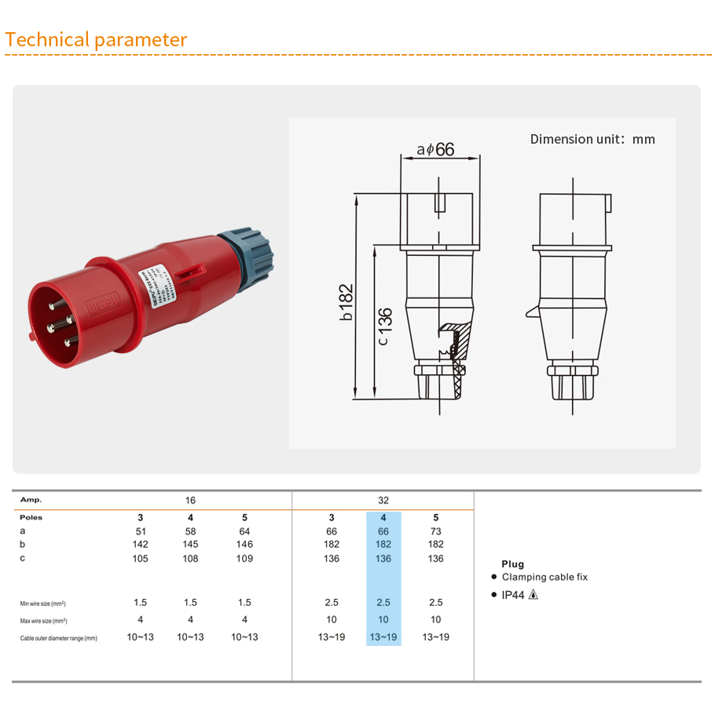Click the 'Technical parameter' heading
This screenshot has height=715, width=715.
point(96,40)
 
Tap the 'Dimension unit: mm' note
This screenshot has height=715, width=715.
point(592,139)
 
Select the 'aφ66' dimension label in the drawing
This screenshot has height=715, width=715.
point(435,149)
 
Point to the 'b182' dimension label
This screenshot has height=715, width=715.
point(346,302)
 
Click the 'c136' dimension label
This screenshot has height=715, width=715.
point(383,326)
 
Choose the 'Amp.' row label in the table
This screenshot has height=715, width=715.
point(31,500)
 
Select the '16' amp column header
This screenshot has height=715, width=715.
point(190,500)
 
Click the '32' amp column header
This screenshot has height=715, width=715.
point(383,500)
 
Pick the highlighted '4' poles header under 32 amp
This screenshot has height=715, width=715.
point(383,518)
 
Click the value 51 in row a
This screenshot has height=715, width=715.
point(140,531)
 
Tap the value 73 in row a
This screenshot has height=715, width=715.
point(435,531)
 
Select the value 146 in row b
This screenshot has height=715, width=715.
point(244,545)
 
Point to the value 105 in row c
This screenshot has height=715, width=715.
point(140,559)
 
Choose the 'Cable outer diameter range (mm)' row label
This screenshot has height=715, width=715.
point(58,638)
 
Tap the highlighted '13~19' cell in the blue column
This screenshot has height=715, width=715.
point(383,637)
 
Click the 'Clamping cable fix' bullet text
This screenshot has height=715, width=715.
point(544,577)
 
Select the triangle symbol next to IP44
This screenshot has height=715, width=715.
point(533,595)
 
